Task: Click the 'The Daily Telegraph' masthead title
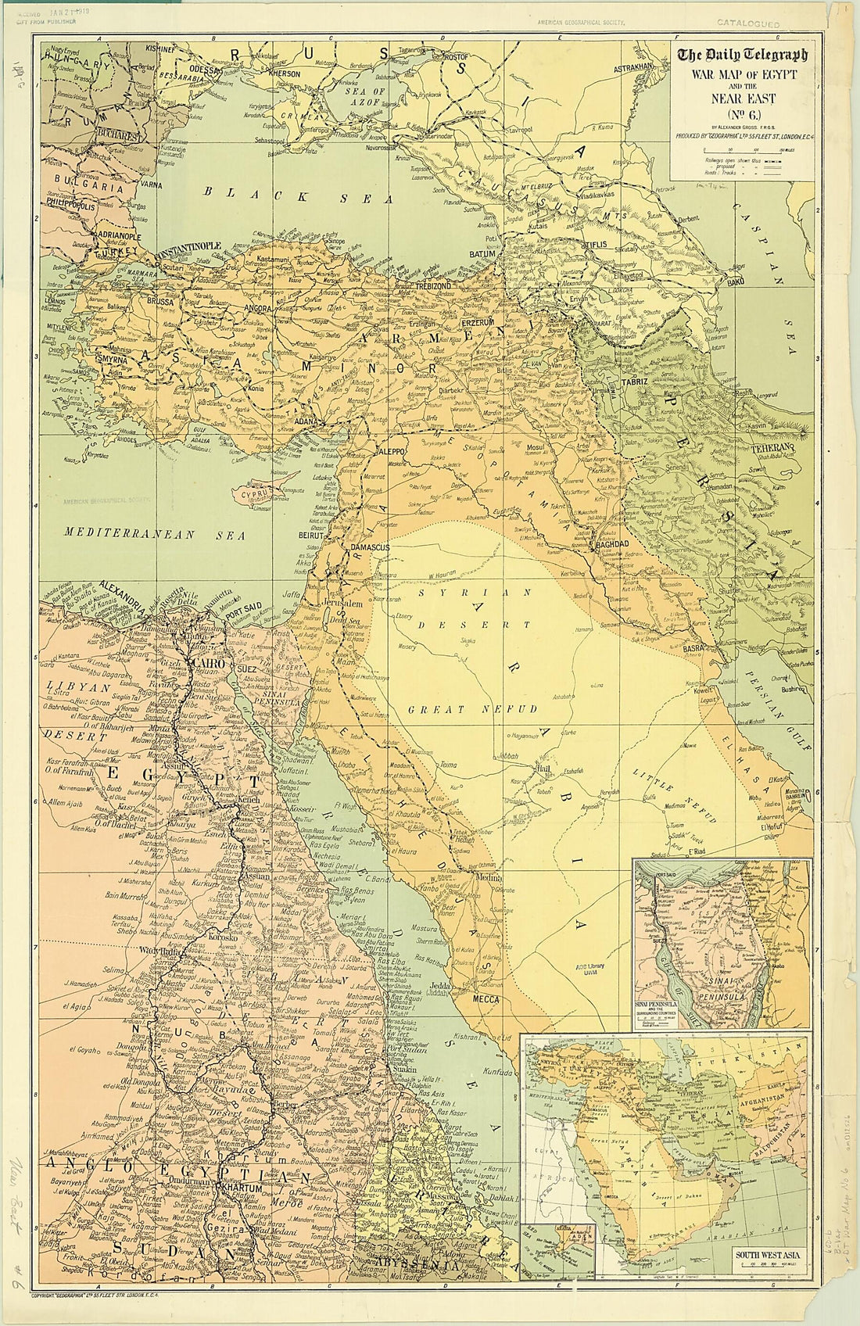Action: pyautogui.click(x=742, y=56)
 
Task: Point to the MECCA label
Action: pyautogui.click(x=486, y=998)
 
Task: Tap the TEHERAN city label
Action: pyautogui.click(x=774, y=447)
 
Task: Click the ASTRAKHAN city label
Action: pyautogui.click(x=632, y=68)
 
